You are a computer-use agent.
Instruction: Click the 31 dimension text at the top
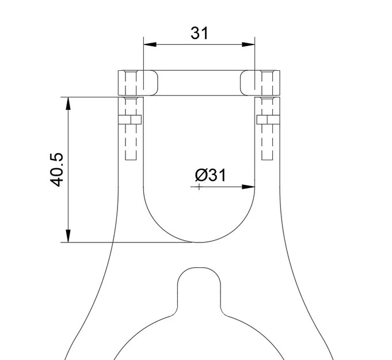tap(199, 33)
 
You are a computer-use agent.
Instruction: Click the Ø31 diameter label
tap(210, 175)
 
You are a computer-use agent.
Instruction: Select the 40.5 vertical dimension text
tap(56, 169)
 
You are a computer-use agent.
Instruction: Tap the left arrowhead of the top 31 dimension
tap(150, 44)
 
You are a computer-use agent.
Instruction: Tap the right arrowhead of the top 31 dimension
tap(249, 44)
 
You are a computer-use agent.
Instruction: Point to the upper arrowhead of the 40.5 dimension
tap(68, 103)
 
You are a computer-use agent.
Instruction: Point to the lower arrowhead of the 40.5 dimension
tap(68, 236)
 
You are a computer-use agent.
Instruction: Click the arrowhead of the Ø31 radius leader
tap(249, 187)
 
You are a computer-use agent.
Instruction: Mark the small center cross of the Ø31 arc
tap(199, 187)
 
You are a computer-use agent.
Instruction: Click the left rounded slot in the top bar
tap(147, 83)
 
